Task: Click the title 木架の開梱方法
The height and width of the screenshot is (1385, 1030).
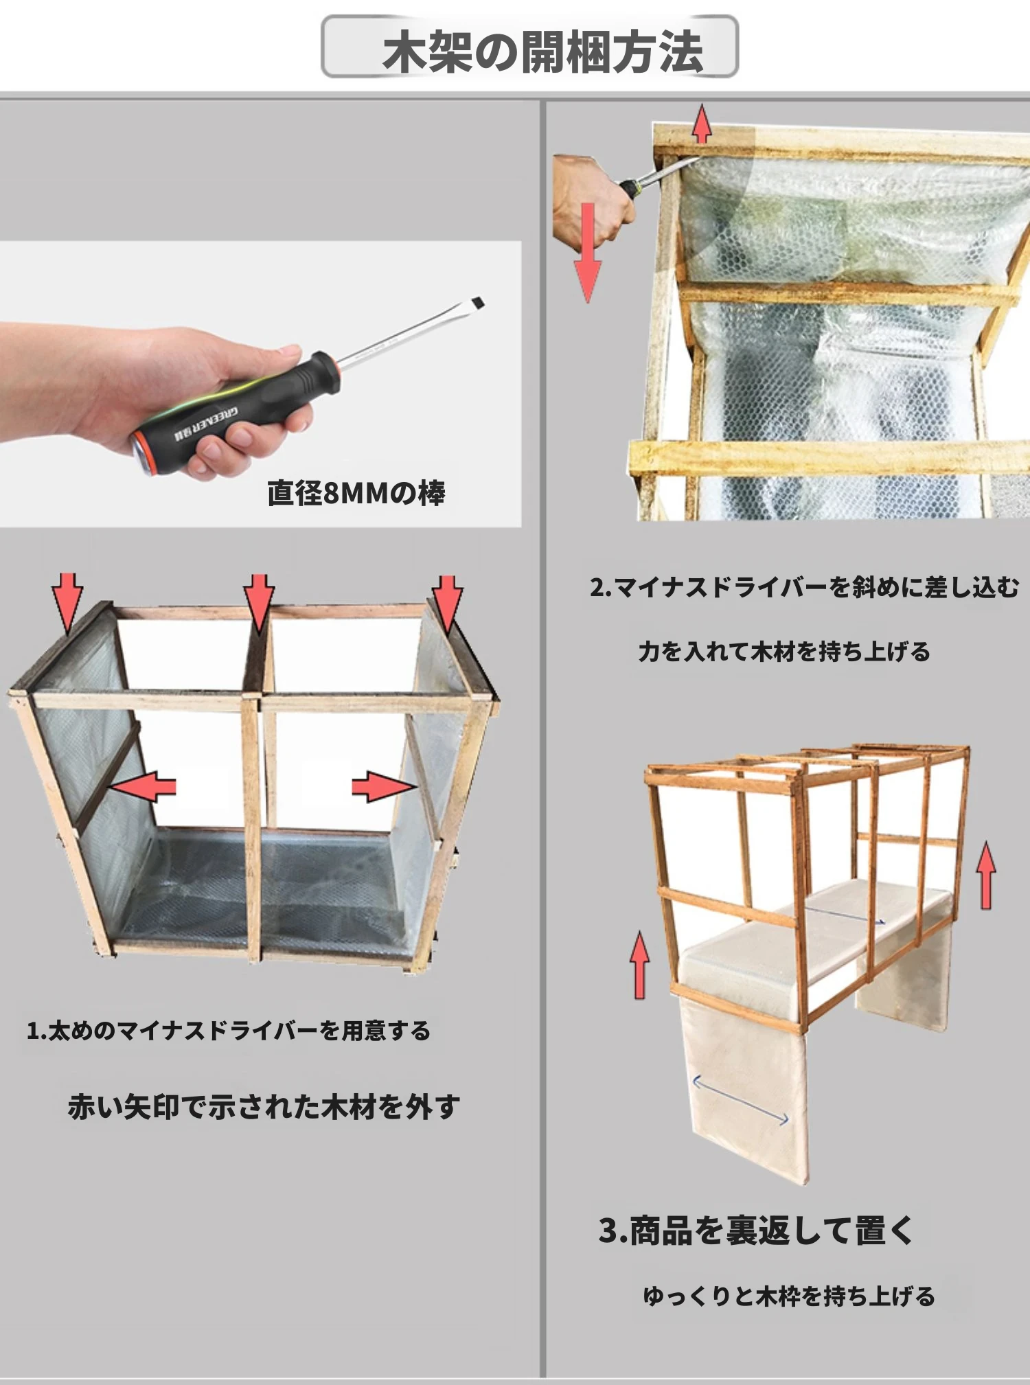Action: (x=542, y=51)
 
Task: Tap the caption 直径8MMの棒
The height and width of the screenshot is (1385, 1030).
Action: (x=356, y=492)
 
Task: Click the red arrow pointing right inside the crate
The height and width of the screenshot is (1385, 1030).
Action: (x=385, y=787)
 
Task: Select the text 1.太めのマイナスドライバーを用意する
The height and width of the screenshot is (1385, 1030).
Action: (x=228, y=1031)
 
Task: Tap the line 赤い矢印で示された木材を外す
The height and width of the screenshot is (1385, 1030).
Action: (x=264, y=1106)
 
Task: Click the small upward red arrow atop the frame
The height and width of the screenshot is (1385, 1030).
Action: (x=701, y=124)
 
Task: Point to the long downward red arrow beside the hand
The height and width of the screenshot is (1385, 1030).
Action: (x=588, y=253)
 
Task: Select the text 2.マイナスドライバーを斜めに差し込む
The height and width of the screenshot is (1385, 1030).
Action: (x=805, y=588)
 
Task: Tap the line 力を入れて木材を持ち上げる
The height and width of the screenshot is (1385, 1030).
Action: (x=784, y=651)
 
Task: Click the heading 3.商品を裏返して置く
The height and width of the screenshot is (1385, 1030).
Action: (x=756, y=1231)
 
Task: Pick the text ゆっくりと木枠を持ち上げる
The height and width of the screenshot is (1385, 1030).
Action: (x=789, y=1296)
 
